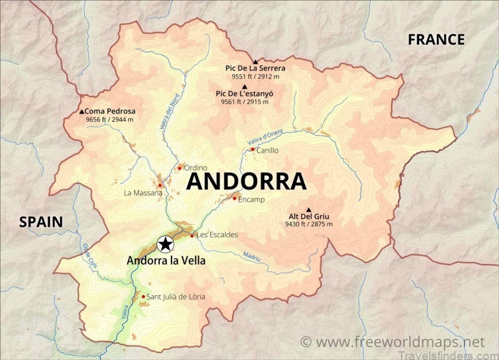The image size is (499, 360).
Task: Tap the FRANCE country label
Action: [436, 40]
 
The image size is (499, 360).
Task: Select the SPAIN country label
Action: [41, 221]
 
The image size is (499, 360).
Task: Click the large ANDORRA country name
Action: [246, 182]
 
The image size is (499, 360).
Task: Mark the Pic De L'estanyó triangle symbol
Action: [244, 86]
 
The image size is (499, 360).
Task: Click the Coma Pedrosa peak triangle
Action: [82, 112]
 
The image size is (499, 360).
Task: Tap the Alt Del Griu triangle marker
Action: [309, 209]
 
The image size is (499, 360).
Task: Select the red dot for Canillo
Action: [252, 149]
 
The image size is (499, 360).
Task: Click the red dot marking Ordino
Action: [180, 167]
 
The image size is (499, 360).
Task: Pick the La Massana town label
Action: [143, 193]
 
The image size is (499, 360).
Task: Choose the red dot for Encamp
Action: [234, 198]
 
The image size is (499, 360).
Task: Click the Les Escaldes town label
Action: [217, 235]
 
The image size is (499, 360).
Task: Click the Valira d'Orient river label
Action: [264, 138]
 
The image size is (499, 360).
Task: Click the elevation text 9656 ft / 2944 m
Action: [110, 119]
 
